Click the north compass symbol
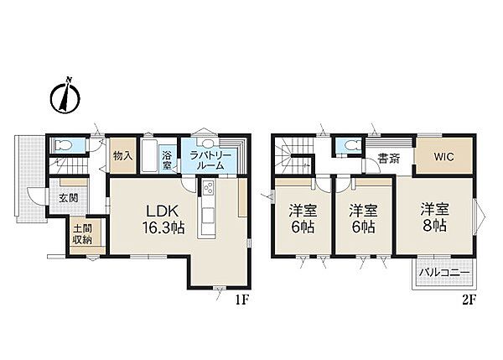(x=65, y=96)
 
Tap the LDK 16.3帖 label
(x=163, y=219)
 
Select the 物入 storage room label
(x=123, y=156)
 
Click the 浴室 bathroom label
(x=167, y=160)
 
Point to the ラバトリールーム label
(x=210, y=161)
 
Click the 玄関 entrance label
(x=69, y=198)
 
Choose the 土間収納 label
(x=83, y=234)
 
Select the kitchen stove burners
(x=208, y=187)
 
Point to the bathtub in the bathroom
(x=150, y=155)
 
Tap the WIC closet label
(x=444, y=157)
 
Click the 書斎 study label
(x=388, y=159)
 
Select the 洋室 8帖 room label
(x=434, y=217)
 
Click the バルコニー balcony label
(x=444, y=274)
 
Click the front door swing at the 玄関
(x=34, y=196)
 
